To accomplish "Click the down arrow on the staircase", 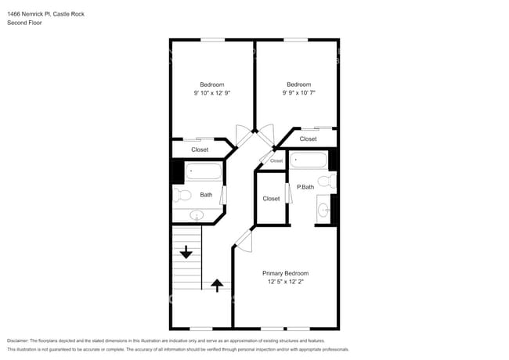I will tap(186, 252).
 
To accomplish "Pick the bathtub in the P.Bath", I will tap(309, 161).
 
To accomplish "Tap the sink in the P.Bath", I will tap(323, 209).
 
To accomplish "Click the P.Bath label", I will tap(305, 187).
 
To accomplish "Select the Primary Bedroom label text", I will tap(285, 273).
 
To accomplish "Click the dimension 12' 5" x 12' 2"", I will tap(285, 282).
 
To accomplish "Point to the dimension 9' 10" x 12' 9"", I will tap(211, 93).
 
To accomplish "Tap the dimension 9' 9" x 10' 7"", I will tap(298, 93).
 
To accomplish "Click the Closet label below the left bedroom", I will tap(200, 149).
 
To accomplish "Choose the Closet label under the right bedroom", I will tap(308, 139).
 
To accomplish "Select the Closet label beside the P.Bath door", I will tap(271, 199).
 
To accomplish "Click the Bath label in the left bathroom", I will tap(206, 195).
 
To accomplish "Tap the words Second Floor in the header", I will tap(25, 23).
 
